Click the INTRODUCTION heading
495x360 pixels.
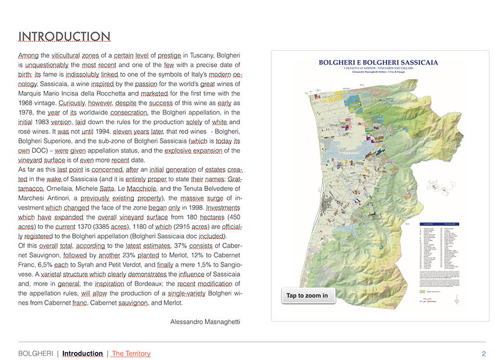pyautogui.click(x=64, y=36)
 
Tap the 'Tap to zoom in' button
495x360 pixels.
pyautogui.click(x=307, y=296)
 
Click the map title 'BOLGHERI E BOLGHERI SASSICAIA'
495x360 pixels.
pyautogui.click(x=379, y=62)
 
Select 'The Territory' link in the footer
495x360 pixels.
pyautogui.click(x=131, y=354)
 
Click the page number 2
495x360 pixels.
pyautogui.click(x=483, y=354)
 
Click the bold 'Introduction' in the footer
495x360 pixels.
pyautogui.click(x=83, y=354)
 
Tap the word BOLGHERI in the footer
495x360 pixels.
pyautogui.click(x=37, y=354)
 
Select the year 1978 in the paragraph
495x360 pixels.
pyautogui.click(x=27, y=112)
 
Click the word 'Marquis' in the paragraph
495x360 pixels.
pyautogui.click(x=30, y=93)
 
